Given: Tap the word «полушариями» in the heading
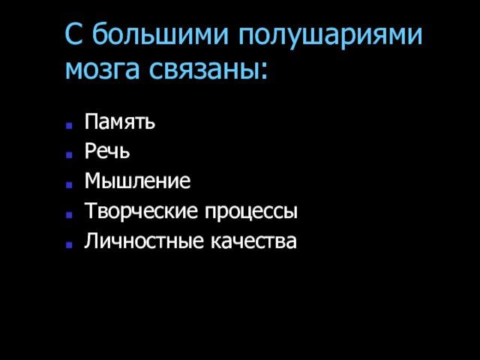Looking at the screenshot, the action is pos(331,35).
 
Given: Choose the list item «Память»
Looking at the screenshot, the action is pos(120,121).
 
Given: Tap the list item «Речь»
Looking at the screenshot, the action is pos(107,151).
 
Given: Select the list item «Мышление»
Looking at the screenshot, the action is pos(137,181).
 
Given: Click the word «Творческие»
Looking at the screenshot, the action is pos(141,211).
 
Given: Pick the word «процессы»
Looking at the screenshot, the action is pos(251,211).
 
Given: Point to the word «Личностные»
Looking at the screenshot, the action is pos(144,241).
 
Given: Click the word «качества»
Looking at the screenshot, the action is pos(253,241).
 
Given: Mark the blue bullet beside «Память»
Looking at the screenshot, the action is pos(69,125).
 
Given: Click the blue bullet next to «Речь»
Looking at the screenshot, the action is pos(69,155).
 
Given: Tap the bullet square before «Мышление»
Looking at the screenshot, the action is pos(69,184).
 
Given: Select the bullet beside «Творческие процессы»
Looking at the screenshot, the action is pos(69,214).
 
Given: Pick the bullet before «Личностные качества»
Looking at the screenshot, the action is pos(69,244).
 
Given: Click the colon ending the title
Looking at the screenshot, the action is pos(265,72).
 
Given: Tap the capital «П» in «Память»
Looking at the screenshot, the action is pos(91,121).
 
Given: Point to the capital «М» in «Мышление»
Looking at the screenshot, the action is pos(93,181).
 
